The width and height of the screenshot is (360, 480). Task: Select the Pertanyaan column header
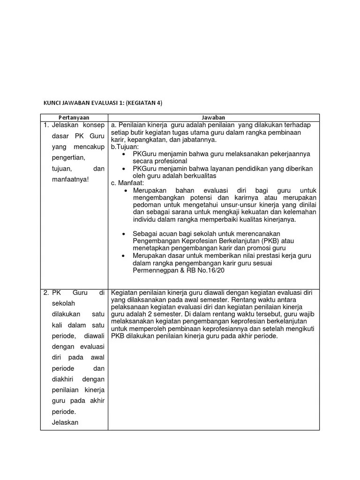pyautogui.click(x=74, y=117)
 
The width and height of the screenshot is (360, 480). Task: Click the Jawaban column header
pyautogui.click(x=214, y=117)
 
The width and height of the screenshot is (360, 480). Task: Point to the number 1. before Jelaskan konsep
pyautogui.click(x=46, y=125)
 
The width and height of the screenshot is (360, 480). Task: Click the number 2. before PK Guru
pyautogui.click(x=46, y=292)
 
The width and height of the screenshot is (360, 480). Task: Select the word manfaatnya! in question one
pyautogui.click(x=69, y=179)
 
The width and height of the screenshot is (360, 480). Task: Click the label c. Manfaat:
pyautogui.click(x=127, y=183)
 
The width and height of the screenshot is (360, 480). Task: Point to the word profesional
pyautogui.click(x=169, y=161)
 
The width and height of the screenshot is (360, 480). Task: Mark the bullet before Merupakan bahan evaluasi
pyautogui.click(x=126, y=191)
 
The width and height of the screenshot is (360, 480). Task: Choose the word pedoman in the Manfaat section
pyautogui.click(x=146, y=205)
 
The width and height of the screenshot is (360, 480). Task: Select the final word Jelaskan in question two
pyautogui.click(x=66, y=422)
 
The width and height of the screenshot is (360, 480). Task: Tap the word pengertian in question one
pyautogui.click(x=68, y=157)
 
